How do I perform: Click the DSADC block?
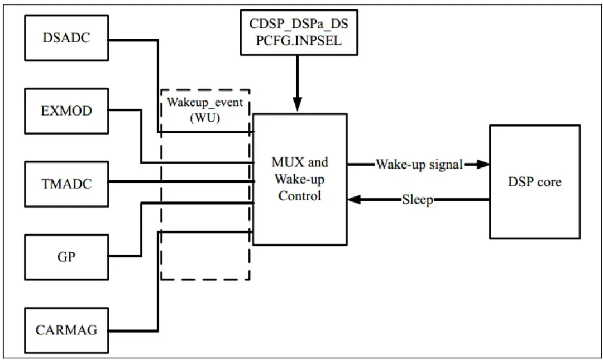[66, 38]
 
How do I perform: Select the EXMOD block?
[66, 111]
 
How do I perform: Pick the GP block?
[66, 257]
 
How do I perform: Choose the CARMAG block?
[66, 330]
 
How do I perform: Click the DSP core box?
[534, 182]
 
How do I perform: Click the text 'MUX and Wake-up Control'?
[300, 179]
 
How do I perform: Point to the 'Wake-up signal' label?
[419, 164]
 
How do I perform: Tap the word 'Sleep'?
[418, 200]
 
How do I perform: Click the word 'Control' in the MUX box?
[300, 196]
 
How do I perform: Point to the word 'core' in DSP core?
[549, 182]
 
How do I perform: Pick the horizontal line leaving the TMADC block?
[179, 181]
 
